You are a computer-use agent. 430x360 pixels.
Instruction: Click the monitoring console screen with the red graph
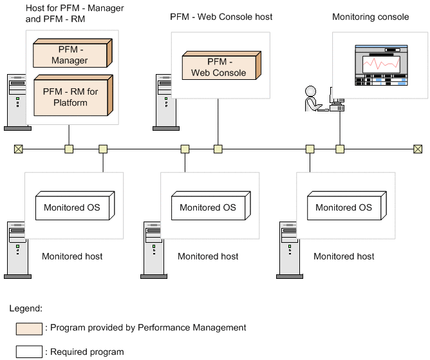point(381,65)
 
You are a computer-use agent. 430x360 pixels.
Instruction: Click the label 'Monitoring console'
point(370,17)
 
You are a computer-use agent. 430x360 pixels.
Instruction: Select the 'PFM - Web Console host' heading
point(221,17)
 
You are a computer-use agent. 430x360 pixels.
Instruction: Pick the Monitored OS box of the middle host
point(209,207)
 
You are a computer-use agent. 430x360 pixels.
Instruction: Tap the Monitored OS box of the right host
point(344,207)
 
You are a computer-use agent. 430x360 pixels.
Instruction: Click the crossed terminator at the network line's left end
point(18,149)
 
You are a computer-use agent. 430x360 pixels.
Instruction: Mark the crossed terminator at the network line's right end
point(418,149)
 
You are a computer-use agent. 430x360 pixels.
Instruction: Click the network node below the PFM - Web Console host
point(218,149)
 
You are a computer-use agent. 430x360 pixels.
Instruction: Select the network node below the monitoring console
point(339,149)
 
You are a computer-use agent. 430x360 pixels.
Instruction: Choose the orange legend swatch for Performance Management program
point(28,328)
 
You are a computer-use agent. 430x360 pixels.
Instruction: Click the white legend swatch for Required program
point(28,352)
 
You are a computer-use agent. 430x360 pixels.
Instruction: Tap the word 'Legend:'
point(26,308)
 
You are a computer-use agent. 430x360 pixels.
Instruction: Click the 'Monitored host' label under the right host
point(344,256)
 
